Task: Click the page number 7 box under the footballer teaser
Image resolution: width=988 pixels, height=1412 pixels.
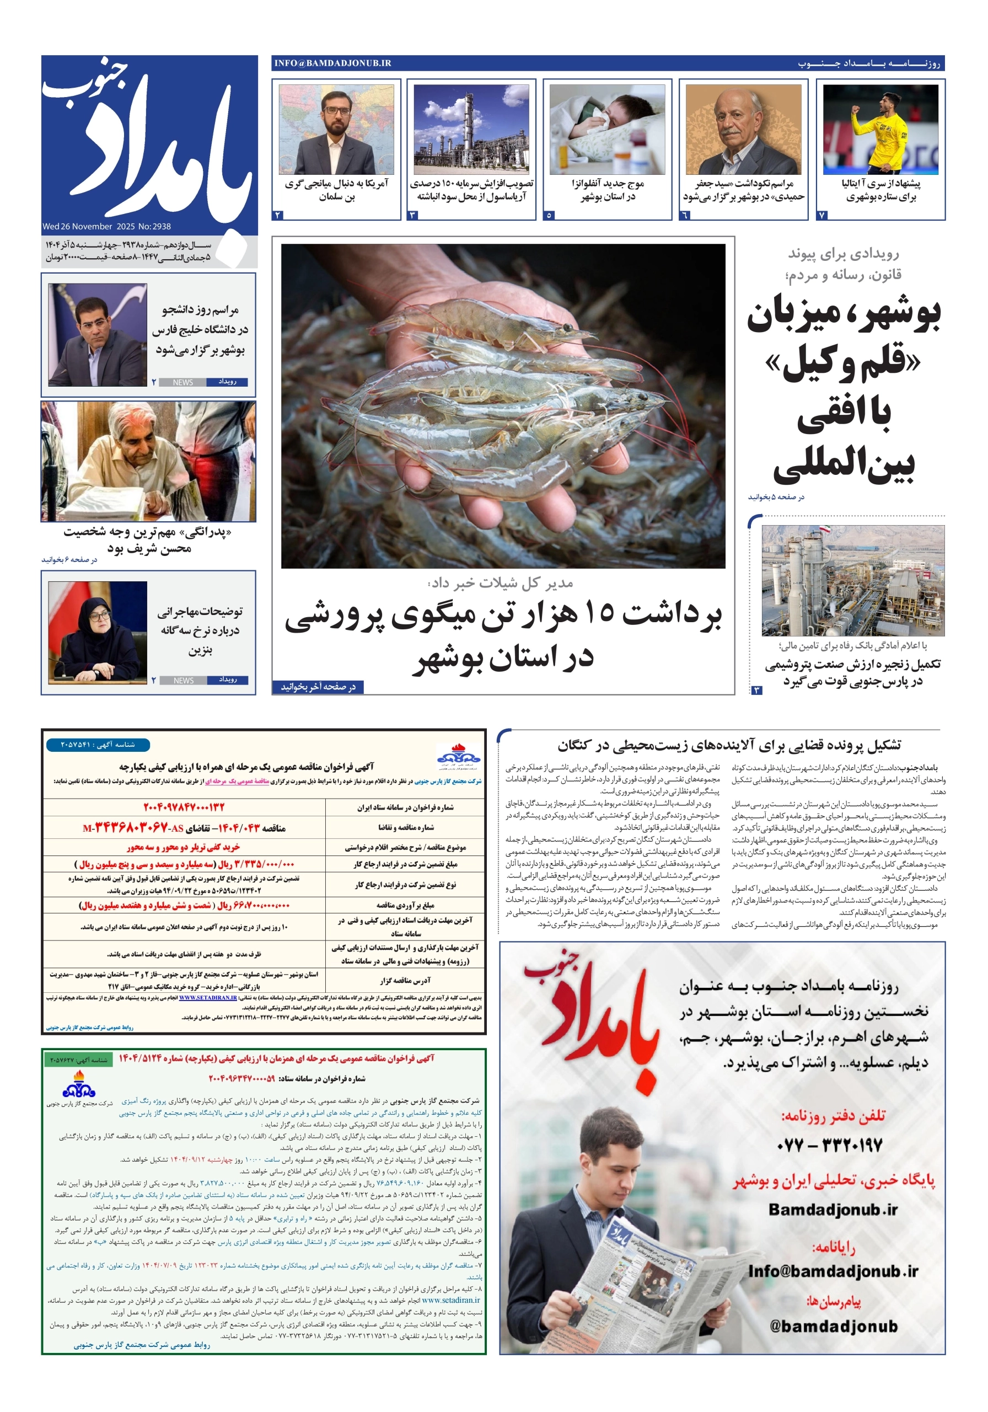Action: point(823,215)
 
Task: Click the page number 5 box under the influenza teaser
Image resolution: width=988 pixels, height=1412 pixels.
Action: point(550,215)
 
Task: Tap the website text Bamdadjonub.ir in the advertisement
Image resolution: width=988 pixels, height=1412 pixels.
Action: point(833,1209)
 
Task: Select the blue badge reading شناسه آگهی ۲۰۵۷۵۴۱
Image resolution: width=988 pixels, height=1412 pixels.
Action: point(90,745)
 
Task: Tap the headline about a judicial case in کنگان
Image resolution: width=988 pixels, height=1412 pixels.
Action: point(729,745)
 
